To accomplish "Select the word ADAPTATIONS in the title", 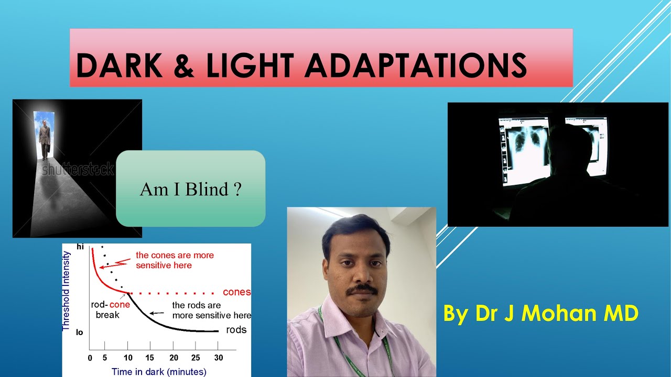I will [416, 65].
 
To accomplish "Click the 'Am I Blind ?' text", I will [190, 189].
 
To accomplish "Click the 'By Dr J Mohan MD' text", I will [540, 313].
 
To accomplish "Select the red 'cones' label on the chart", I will [236, 292].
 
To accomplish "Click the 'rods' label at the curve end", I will [236, 330].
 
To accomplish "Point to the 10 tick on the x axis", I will [127, 358].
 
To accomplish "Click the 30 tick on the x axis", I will [218, 358].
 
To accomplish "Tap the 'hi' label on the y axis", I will [80, 246].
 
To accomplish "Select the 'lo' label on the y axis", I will [80, 332].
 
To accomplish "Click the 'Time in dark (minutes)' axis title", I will [159, 371].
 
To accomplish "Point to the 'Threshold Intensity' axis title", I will [67, 291].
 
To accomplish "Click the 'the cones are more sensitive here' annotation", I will [175, 260].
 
